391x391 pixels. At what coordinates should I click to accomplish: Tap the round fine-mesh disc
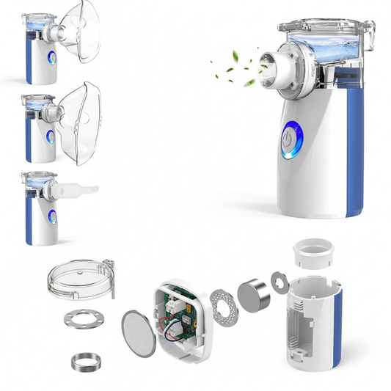138,334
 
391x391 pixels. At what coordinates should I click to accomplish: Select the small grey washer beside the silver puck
279,278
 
